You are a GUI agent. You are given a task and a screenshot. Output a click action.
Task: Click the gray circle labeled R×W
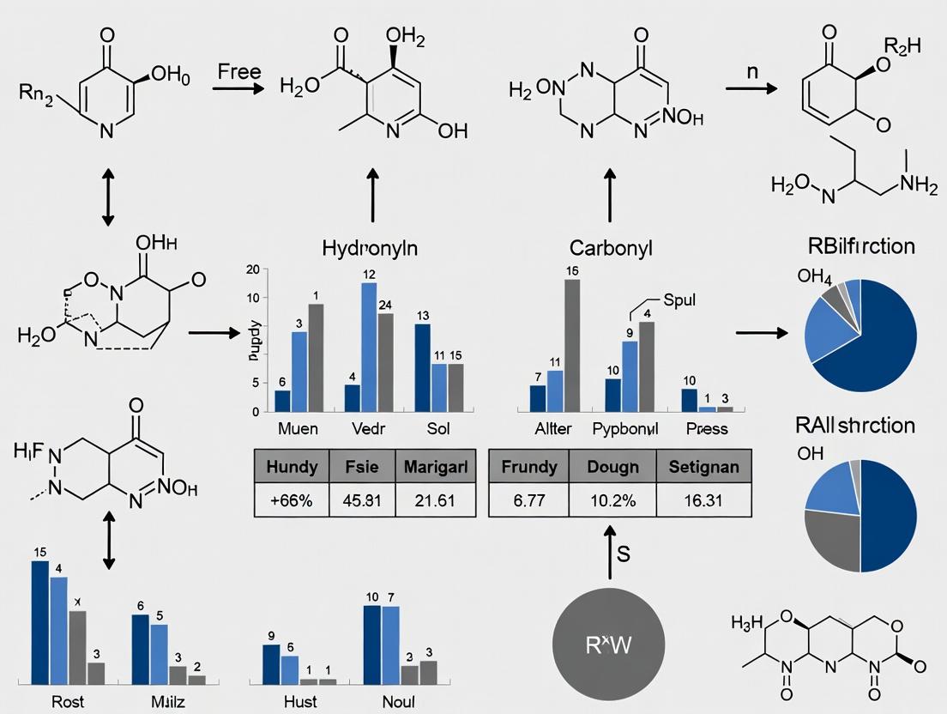610,644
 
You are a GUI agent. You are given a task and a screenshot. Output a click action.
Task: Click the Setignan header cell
703,468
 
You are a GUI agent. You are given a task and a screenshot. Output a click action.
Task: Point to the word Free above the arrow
239,71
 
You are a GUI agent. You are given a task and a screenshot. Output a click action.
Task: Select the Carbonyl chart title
611,248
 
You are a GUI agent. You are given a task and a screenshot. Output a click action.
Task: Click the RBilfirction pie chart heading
860,247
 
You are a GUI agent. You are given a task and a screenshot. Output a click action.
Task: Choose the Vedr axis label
371,428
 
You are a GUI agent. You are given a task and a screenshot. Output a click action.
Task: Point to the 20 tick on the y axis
252,269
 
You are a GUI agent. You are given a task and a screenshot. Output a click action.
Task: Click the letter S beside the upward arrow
624,554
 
